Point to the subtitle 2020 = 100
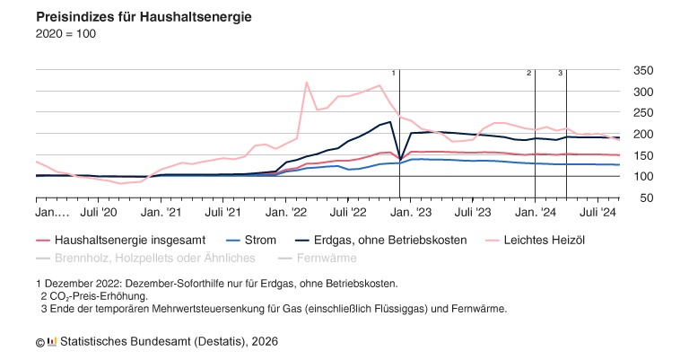coord(65,34)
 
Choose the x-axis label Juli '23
coord(473,215)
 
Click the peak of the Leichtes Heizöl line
coord(307,82)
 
